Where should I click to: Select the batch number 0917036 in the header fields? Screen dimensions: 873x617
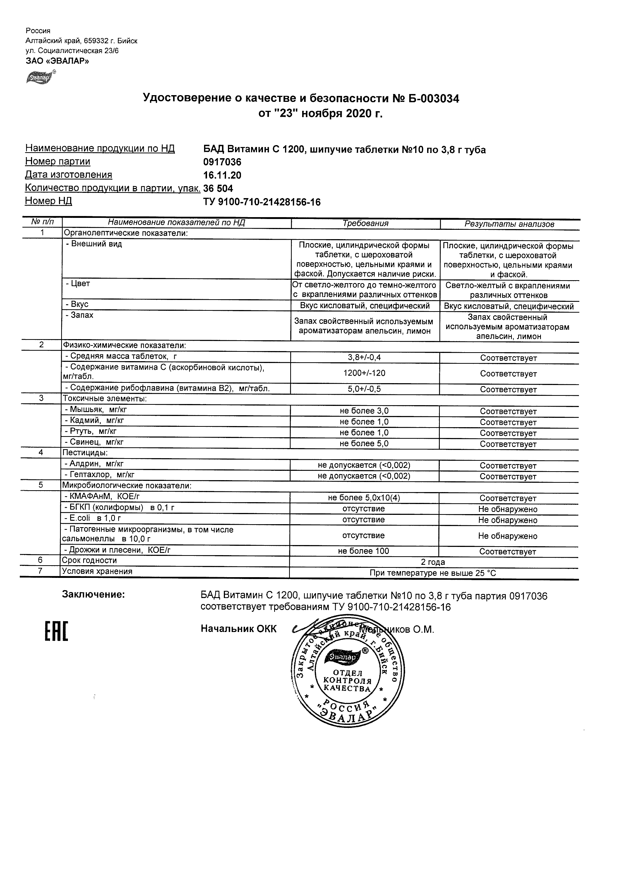(222, 162)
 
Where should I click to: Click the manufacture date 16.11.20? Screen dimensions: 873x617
(222, 175)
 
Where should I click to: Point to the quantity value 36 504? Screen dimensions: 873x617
(218, 189)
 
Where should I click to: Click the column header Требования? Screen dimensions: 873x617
(365, 223)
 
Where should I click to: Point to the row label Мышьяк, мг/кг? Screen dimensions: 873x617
(96, 410)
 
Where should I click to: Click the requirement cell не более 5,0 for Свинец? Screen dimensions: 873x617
(364, 444)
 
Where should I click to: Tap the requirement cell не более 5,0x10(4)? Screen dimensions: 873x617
(364, 498)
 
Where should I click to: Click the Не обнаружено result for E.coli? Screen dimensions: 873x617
(508, 520)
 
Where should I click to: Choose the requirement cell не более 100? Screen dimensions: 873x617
(364, 551)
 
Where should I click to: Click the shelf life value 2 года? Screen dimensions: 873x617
(433, 562)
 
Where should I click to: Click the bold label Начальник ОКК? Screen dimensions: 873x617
(238, 629)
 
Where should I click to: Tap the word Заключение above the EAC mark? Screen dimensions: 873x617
(94, 595)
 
